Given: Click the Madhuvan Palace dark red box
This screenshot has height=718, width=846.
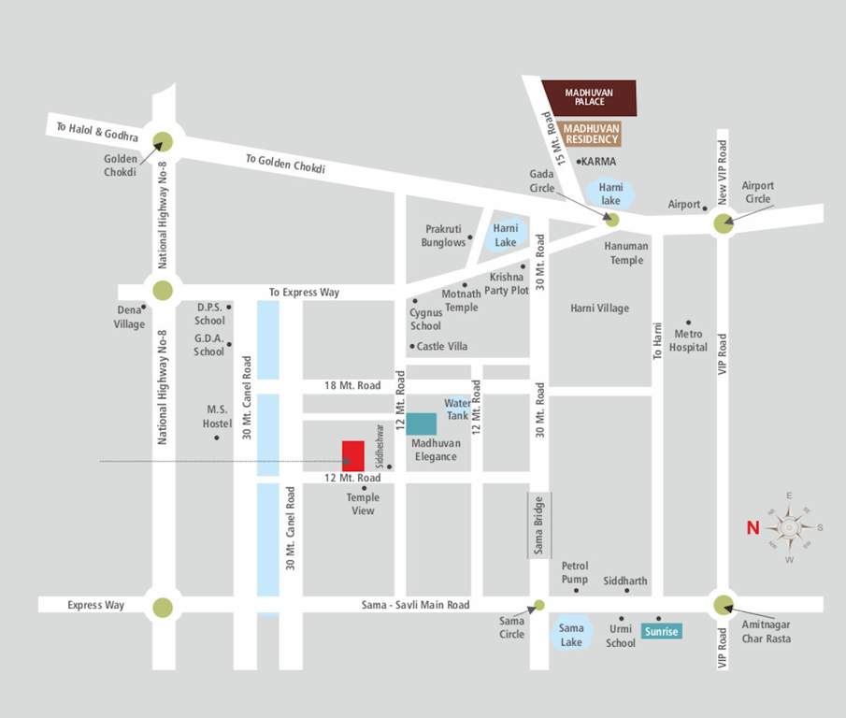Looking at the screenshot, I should tap(590, 97).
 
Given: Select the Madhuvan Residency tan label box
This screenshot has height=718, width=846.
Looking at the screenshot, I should tap(592, 133).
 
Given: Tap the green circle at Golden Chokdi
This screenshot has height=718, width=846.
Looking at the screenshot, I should tap(163, 141).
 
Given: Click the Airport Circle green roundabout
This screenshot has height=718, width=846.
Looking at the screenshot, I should tap(724, 223).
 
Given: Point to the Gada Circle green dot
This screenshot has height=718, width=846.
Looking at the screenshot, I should tap(611, 220).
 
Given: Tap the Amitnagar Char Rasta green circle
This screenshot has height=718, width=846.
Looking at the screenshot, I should tap(723, 605).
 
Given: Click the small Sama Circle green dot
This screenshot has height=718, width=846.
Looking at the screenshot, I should tap(538, 605).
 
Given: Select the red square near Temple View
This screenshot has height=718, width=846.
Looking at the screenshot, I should tap(353, 455).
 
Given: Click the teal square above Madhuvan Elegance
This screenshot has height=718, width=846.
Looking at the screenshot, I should tap(421, 424).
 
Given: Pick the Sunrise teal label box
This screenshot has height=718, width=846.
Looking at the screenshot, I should tap(662, 631).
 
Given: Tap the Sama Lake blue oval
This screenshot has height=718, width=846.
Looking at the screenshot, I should tap(570, 635).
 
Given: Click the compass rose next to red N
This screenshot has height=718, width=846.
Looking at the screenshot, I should tap(789, 527).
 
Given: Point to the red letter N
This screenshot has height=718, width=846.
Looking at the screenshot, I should tap(753, 528).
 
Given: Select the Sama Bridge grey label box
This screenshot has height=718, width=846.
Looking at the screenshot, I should tap(539, 525).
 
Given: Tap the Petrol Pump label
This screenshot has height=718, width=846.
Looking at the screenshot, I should tap(575, 573).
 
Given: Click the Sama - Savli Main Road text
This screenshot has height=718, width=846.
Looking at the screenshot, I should tap(415, 605).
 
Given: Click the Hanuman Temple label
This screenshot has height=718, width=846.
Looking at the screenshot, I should tap(625, 252).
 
